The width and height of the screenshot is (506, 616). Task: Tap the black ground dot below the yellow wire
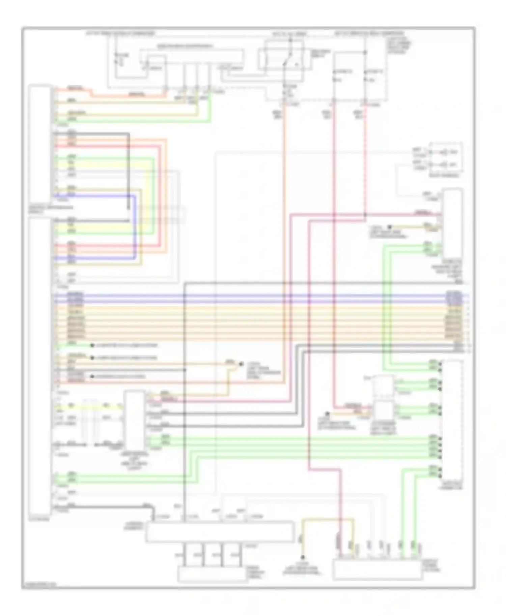[303, 558]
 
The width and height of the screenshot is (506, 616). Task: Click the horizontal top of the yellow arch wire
[327, 519]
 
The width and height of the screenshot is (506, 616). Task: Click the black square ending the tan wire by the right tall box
[389, 227]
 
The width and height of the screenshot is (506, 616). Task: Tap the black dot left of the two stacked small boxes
[327, 413]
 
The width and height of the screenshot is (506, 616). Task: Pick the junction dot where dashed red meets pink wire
[365, 214]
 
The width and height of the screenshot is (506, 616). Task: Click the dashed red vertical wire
[365, 162]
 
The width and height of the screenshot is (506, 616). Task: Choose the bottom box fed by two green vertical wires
[377, 570]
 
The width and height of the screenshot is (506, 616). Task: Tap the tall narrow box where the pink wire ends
[453, 224]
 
